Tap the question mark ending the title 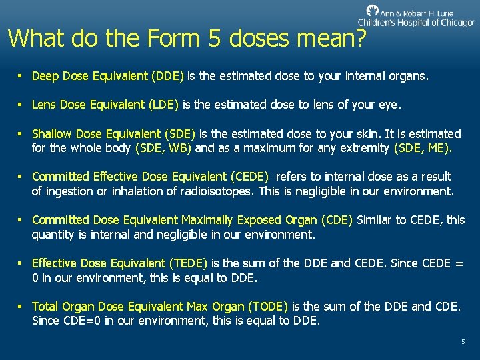tap(361, 38)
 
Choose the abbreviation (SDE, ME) tap(423, 148)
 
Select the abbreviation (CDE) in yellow tap(337, 220)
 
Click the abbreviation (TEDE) tap(187, 263)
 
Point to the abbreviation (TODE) tap(267, 307)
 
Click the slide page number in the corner tap(463, 342)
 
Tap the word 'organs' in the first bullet tap(410, 76)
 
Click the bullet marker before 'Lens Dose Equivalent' tap(21, 104)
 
